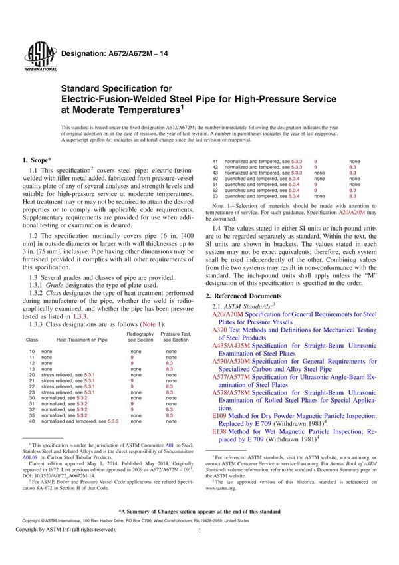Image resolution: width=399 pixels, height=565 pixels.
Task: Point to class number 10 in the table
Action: tap(30, 350)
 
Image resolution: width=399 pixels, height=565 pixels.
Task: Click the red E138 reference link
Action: tap(219, 431)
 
